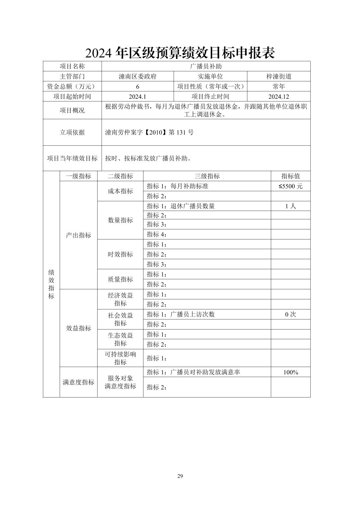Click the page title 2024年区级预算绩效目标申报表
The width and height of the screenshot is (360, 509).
coord(180,53)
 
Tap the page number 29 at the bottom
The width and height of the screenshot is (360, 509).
coord(180,476)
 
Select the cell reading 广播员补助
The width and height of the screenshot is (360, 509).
coord(206,66)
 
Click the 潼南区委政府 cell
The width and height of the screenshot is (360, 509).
coord(137,76)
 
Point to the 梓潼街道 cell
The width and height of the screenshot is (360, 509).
coord(279,76)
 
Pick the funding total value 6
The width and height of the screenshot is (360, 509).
coord(137,86)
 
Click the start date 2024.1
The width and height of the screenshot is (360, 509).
coord(137,96)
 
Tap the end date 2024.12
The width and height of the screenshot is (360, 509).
coord(279,96)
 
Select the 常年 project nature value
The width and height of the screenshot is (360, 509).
coord(279,86)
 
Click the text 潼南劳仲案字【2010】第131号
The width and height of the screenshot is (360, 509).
coord(149,132)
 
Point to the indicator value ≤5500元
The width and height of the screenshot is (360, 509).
coord(290,186)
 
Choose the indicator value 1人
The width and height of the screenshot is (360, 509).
coord(290,206)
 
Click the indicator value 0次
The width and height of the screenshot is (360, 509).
coord(290,314)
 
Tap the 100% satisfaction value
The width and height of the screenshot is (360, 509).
coord(290,372)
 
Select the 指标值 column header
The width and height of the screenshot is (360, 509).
coord(290,176)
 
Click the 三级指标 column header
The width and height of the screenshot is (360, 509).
coord(207,176)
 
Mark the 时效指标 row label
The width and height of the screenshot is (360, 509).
coord(120,254)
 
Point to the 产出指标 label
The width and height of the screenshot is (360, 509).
coord(78,235)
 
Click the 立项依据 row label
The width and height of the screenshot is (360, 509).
coord(72,132)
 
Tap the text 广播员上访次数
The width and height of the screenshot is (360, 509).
coord(192,314)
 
